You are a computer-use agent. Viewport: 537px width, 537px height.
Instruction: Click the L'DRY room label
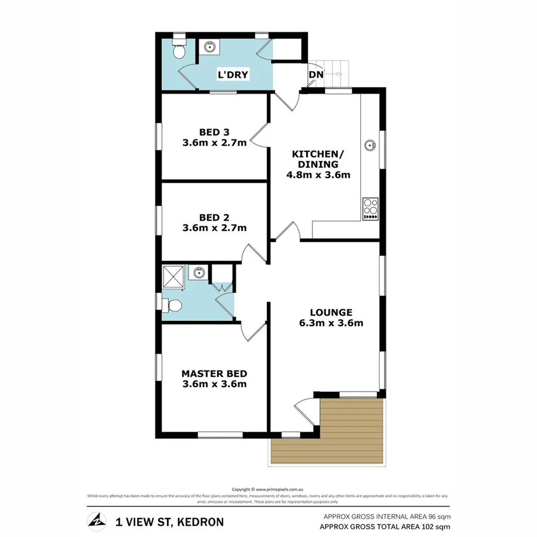[232, 75]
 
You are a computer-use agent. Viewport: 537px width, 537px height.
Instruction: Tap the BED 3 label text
[214, 131]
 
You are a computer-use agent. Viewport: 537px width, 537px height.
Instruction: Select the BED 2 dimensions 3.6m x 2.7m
[214, 228]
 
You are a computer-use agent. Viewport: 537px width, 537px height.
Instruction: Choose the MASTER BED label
[214, 373]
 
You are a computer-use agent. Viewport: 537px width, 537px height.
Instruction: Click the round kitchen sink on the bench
[369, 145]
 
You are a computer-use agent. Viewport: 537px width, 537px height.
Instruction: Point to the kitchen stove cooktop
[369, 209]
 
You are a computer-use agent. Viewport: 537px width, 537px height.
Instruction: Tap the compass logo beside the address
[97, 521]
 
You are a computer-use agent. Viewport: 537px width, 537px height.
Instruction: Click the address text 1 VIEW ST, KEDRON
[169, 522]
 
